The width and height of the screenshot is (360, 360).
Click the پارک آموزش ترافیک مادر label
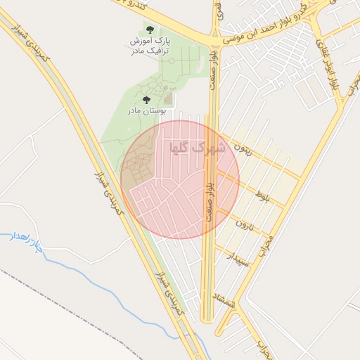tap(149, 46)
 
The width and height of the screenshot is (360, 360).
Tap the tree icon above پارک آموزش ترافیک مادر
tap(149, 29)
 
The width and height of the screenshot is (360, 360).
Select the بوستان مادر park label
tap(146, 111)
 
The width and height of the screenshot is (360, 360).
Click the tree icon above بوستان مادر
tap(146, 100)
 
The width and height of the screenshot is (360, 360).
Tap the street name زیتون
tap(250, 150)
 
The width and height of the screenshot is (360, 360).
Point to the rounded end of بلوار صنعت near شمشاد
tap(207, 321)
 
